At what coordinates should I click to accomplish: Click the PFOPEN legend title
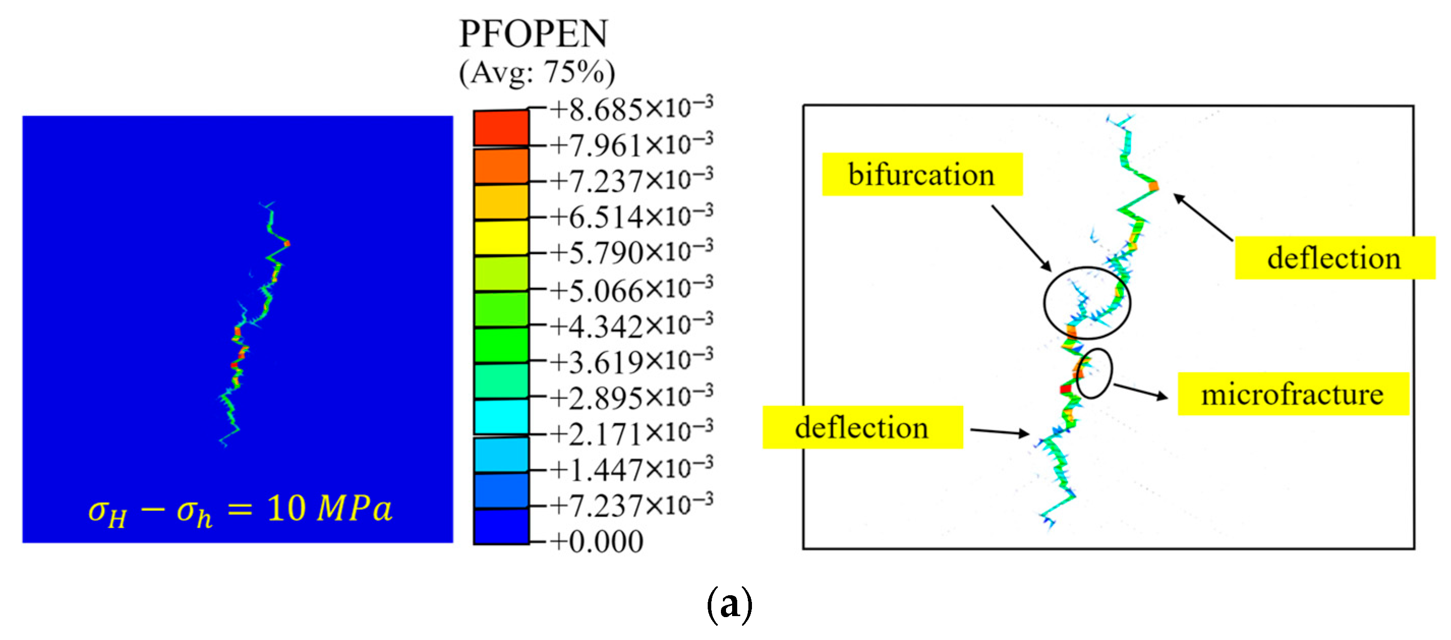click(x=533, y=34)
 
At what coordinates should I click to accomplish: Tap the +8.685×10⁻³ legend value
click(x=631, y=109)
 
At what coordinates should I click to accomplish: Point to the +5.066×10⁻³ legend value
click(x=631, y=289)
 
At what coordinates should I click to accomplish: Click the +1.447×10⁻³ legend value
click(x=631, y=469)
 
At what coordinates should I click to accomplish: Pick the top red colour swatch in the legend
click(x=501, y=128)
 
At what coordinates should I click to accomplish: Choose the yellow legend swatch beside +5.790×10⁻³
click(x=501, y=238)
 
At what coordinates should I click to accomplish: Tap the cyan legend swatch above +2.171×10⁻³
click(x=501, y=416)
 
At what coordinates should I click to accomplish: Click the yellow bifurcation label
click(x=921, y=174)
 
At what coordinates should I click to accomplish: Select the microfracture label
click(x=1293, y=394)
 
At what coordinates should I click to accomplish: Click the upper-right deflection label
click(x=1334, y=258)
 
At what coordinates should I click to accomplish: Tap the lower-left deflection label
click(x=862, y=427)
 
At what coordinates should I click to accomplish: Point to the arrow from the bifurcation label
click(x=1021, y=237)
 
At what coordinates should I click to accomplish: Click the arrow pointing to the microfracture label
click(x=1140, y=391)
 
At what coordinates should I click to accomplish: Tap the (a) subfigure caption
click(x=729, y=604)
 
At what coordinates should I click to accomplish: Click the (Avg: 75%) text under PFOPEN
click(x=536, y=73)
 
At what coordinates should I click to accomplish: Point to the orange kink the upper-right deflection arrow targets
click(x=1153, y=185)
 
